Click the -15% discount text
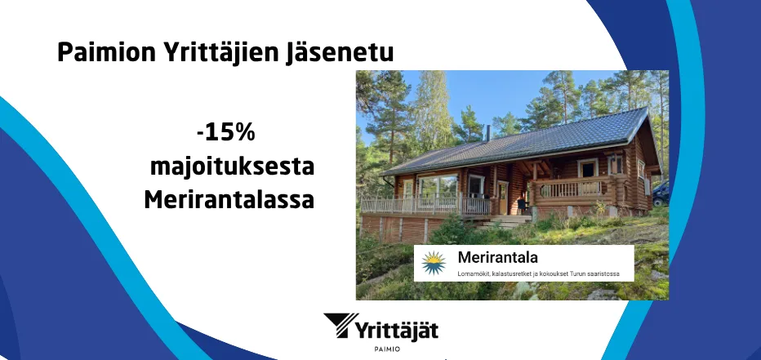pyautogui.click(x=226, y=133)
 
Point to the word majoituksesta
pyautogui.click(x=232, y=167)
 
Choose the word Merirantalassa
pyautogui.click(x=229, y=200)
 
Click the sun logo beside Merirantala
pyautogui.click(x=434, y=263)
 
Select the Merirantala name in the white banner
pyautogui.click(x=497, y=257)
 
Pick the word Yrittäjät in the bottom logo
pyautogui.click(x=398, y=330)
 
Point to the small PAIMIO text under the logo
pyautogui.click(x=387, y=349)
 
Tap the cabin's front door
pyautogui.click(x=503, y=198)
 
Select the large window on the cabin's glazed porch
pyautogui.click(x=438, y=187)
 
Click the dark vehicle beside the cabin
pyautogui.click(x=661, y=193)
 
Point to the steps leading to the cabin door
pyautogui.click(x=500, y=222)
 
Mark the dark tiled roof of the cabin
pyautogui.click(x=519, y=141)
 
